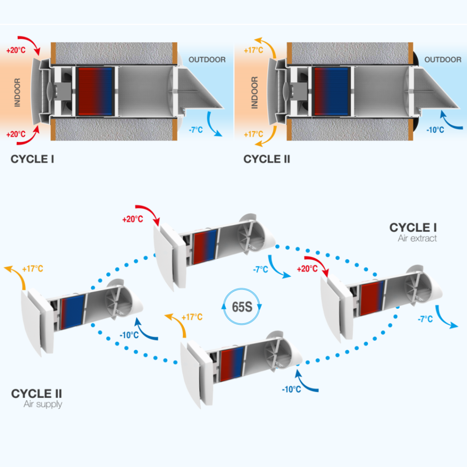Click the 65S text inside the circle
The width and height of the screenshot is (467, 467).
point(242,306)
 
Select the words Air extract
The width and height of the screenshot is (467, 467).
point(417,239)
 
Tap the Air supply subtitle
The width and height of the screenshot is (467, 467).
point(43,404)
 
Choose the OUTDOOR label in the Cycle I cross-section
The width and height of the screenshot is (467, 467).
point(207,60)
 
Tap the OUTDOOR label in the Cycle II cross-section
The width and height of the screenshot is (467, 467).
point(443,60)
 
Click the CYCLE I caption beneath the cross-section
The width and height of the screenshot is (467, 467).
point(32,159)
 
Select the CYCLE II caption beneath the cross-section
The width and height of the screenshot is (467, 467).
point(267,159)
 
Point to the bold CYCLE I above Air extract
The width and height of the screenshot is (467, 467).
point(413,228)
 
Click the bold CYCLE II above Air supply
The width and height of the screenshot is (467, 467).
point(37,393)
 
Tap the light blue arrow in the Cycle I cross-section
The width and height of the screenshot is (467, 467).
point(213,124)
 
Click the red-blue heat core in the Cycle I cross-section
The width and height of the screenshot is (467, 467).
point(95,91)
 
